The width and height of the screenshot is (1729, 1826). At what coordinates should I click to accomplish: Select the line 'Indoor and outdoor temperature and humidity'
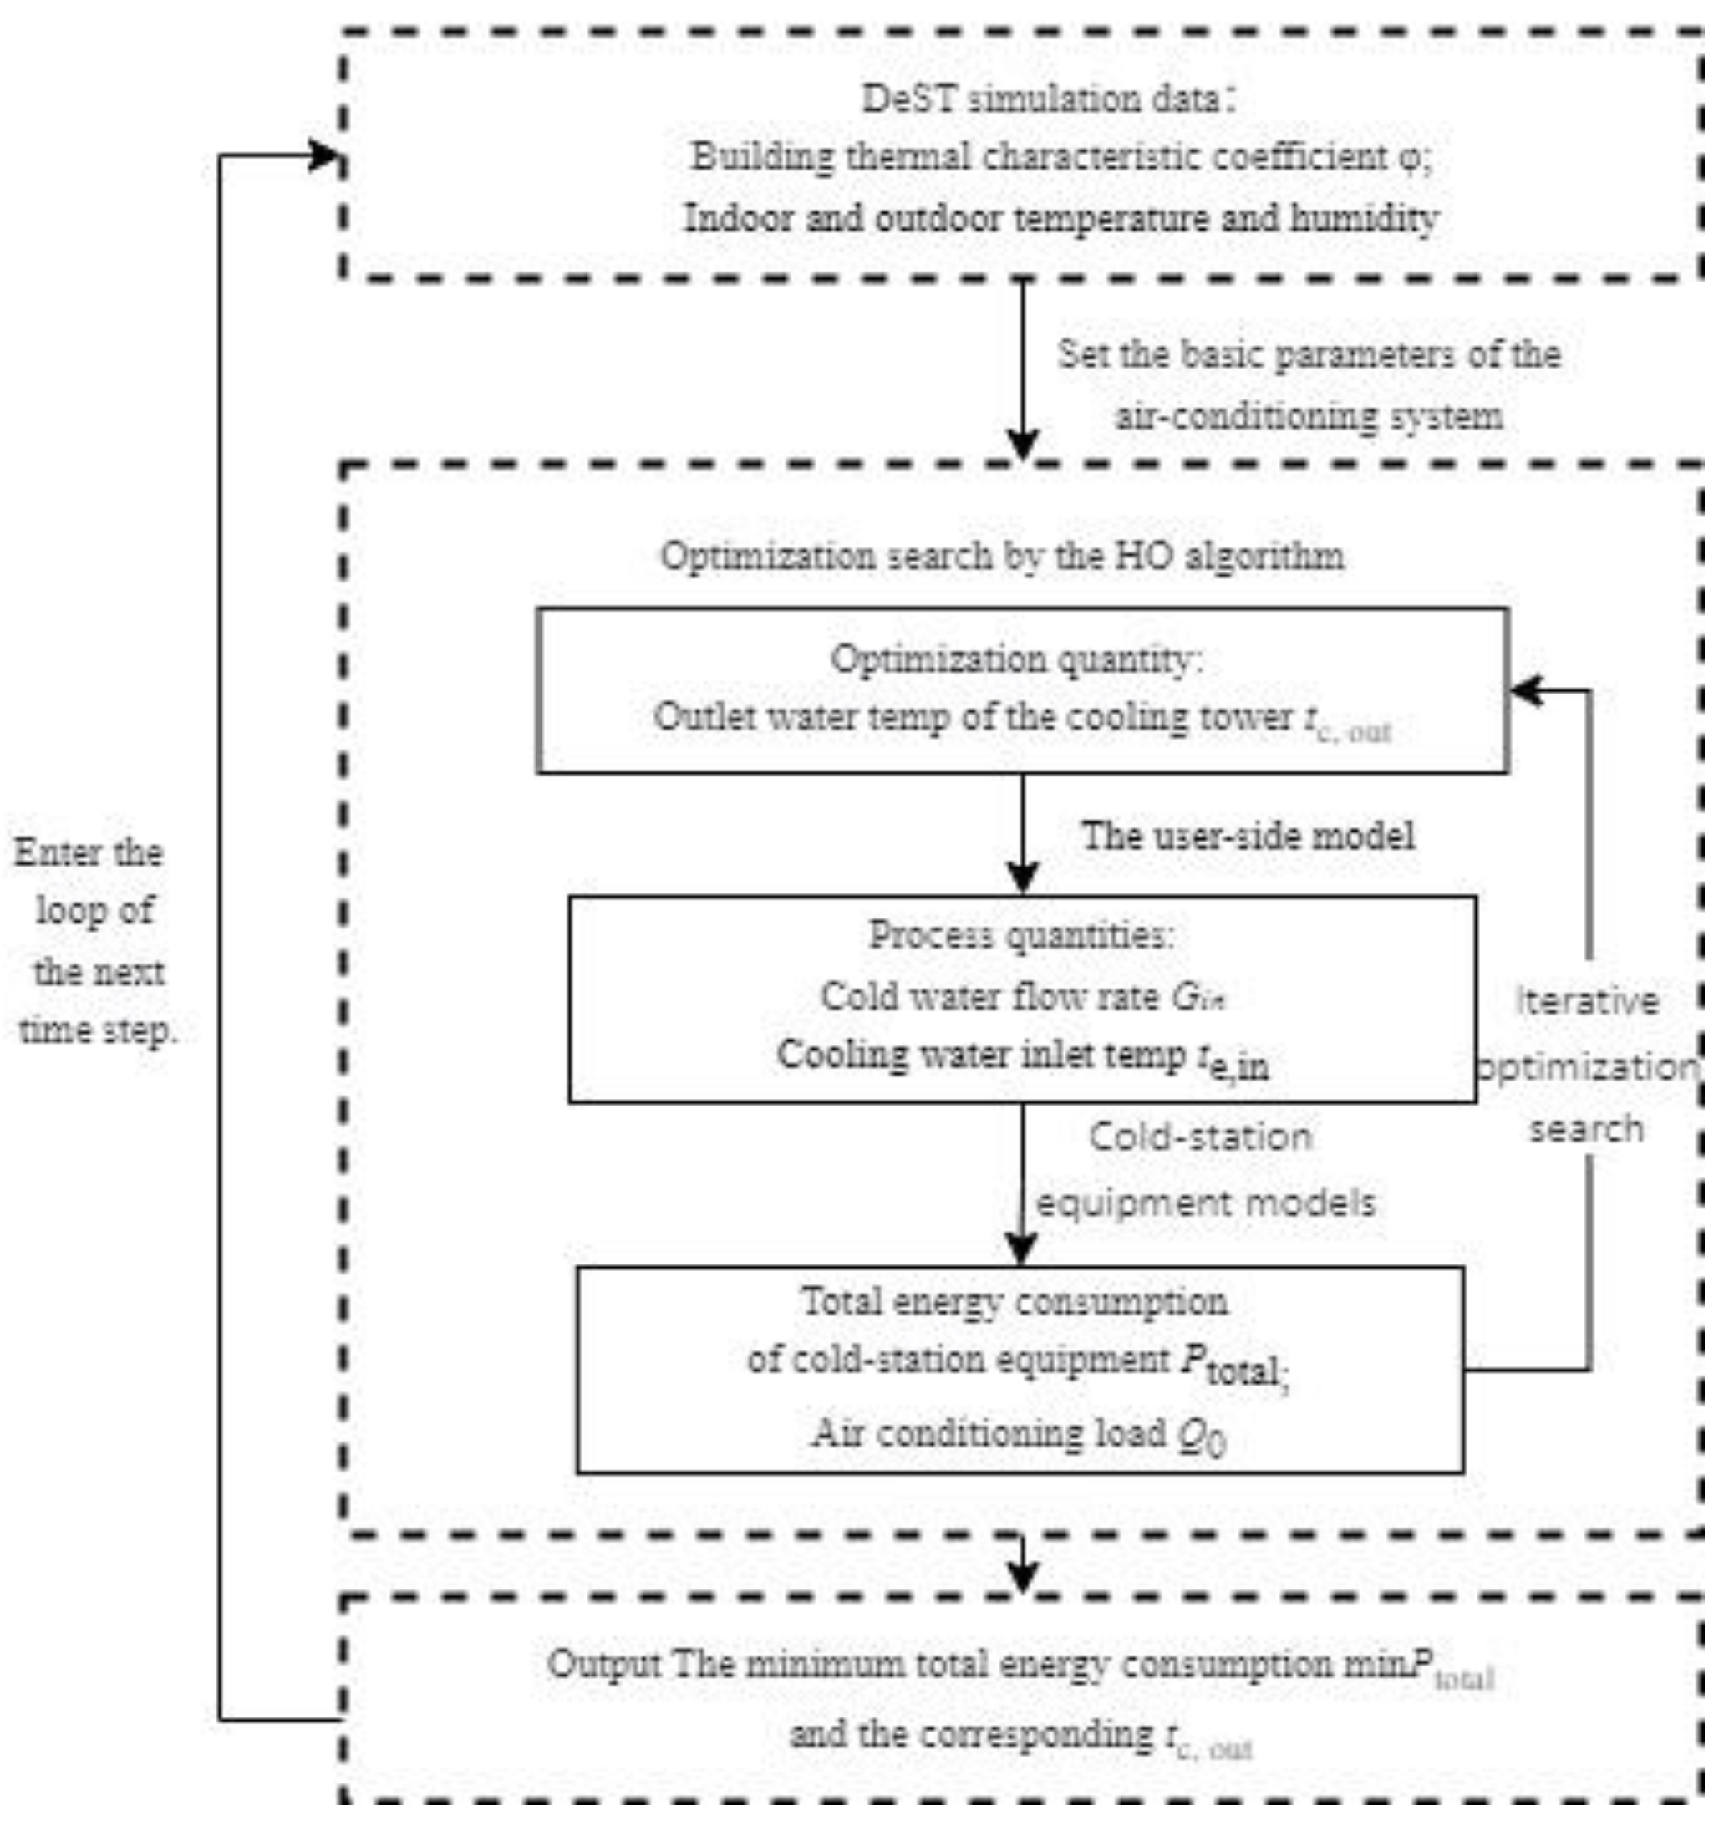tap(1060, 220)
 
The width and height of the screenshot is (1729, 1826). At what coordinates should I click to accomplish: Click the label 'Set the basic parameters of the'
tap(1309, 355)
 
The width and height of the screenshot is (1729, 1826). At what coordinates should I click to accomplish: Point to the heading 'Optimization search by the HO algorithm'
tap(1002, 557)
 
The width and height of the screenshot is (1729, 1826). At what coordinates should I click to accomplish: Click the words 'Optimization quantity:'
tap(1016, 660)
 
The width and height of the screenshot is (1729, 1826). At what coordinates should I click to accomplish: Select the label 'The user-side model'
tap(1248, 836)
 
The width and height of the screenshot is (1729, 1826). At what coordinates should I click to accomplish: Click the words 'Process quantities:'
tap(1022, 937)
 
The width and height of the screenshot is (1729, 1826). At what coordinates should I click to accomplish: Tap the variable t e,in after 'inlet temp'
tap(1233, 1062)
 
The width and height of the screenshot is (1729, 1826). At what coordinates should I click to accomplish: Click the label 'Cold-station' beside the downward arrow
tap(1200, 1137)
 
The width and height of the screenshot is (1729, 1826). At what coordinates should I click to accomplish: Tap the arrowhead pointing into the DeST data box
tap(324, 155)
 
